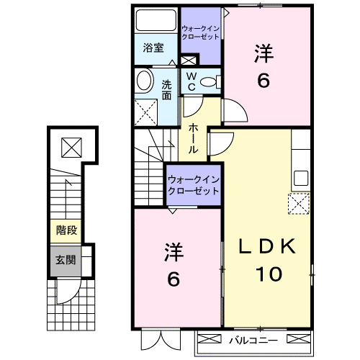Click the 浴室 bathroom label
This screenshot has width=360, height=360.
pos(153,49)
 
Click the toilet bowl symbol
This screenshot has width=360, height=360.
pos(210,82)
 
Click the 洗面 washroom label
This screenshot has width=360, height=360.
pos(166,88)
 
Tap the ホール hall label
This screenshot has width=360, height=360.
pos(194,137)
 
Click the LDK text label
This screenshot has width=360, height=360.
pos(269,247)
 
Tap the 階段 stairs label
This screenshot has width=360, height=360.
pos(66,231)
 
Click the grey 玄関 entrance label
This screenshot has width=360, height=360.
pos(66,258)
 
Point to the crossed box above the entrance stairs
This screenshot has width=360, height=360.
pos(71,148)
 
